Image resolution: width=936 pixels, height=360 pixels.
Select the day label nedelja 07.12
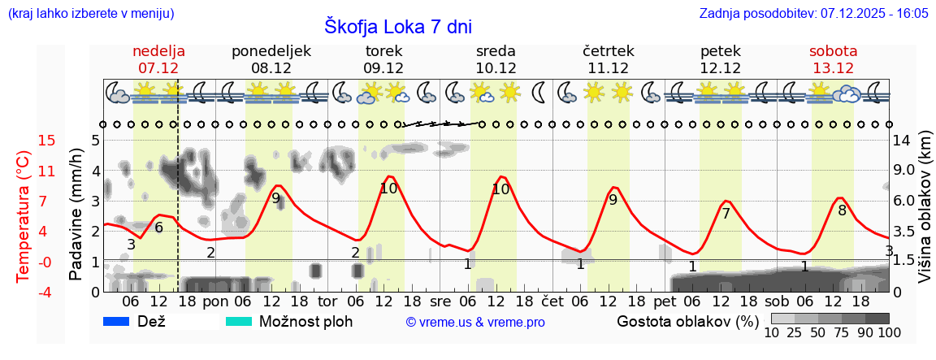(158, 59)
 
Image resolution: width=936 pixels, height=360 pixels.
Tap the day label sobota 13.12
(833, 59)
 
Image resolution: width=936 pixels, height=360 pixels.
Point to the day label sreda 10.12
(496, 59)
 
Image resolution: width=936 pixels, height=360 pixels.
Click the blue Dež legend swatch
(117, 321)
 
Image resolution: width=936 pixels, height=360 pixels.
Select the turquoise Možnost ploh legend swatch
(239, 321)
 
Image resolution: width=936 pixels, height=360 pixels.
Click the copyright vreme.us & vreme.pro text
(475, 322)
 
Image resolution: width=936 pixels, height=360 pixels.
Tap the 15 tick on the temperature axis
(24, 141)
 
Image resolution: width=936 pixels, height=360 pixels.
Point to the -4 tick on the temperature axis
(24, 292)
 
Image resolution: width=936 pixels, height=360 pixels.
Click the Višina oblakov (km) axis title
(925, 216)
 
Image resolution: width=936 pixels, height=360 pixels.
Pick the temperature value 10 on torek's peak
(388, 189)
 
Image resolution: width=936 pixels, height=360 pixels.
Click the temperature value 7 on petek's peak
(726, 214)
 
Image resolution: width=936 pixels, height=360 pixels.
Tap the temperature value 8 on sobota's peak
(842, 210)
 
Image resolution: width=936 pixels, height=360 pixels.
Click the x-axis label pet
(664, 301)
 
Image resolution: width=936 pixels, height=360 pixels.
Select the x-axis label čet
(552, 301)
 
